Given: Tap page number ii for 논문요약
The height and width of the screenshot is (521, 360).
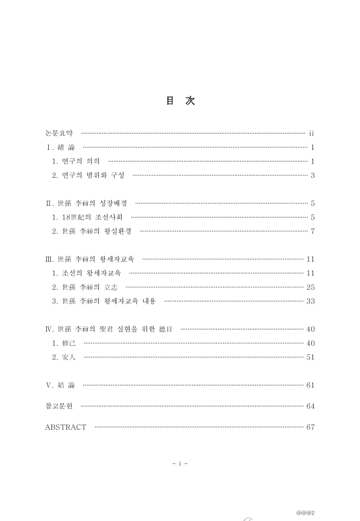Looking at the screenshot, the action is [x=312, y=132].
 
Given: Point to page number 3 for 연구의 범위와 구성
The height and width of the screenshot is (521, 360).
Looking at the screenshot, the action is [x=312, y=175].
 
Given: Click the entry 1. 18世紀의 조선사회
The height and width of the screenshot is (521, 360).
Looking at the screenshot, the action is [x=87, y=217].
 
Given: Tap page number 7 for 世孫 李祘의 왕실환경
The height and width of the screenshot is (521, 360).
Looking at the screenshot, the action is [x=312, y=231].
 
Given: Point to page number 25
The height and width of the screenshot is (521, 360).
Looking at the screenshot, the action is [x=311, y=287].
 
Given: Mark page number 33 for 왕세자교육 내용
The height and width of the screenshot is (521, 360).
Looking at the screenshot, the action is [x=311, y=301].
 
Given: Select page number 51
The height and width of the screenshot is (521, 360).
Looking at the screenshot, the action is [x=311, y=357].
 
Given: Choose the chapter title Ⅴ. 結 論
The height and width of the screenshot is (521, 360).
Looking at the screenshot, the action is [x=60, y=385].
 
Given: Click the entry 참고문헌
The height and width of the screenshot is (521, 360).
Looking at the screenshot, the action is [x=59, y=406].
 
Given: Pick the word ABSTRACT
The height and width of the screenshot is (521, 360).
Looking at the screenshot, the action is [x=66, y=427].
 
